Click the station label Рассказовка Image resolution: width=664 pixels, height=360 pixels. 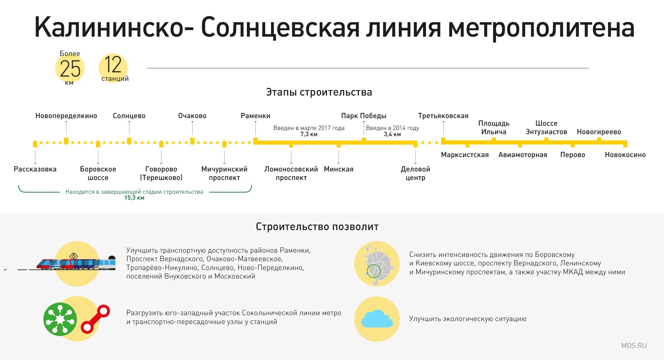coord(35,169)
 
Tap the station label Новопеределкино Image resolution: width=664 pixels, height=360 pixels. coord(66,116)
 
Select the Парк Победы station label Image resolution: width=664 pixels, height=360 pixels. coord(363,116)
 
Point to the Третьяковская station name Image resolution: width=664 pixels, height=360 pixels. coord(443,116)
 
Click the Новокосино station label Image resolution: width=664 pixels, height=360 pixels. coord(625,155)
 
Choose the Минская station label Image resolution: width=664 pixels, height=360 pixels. coord(339,169)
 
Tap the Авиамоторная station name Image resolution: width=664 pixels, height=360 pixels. coord(523,155)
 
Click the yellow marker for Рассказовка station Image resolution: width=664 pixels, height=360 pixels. coord(35,144)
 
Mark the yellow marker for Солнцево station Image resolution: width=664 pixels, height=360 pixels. coord(129,141)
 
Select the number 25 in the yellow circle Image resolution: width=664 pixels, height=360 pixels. coord(70,69)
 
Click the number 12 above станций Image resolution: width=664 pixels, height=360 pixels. coord(113,64)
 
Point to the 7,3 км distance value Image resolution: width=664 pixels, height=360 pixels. coord(309,134)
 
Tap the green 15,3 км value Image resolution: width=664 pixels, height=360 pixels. coord(134,198)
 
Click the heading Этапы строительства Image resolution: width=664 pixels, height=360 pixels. coord(319,92)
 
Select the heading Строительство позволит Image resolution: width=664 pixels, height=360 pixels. coord(317,226)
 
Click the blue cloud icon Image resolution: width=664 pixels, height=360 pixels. coord(377,319)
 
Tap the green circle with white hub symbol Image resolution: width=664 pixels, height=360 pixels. coord(60,319)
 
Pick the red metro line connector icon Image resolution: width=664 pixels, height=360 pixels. coord(95,319)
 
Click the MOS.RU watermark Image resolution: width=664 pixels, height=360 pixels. coord(634,346)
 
